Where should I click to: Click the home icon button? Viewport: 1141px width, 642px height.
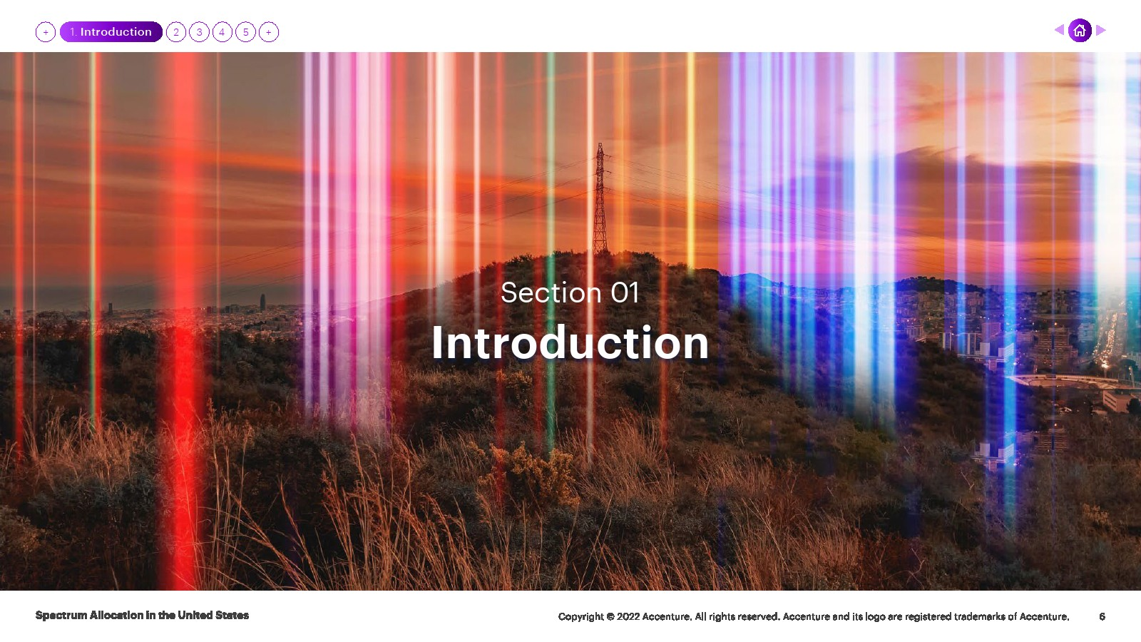tap(1080, 31)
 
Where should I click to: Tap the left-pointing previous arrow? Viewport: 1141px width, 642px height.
tap(1059, 30)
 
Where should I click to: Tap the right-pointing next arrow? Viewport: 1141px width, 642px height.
tap(1101, 30)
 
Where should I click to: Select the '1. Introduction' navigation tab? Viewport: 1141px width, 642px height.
tap(111, 31)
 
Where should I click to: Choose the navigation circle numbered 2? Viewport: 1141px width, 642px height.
tap(176, 32)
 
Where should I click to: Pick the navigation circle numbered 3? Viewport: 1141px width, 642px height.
tap(199, 32)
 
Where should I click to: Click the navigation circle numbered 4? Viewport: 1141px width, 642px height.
tap(222, 32)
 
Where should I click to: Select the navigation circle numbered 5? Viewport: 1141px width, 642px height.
tap(245, 32)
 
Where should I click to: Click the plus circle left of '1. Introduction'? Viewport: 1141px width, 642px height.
tap(46, 32)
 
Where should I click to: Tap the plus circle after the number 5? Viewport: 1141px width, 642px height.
tap(268, 32)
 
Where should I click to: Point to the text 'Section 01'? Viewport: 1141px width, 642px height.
tap(570, 292)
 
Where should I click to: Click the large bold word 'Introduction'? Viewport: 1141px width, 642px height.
tap(570, 342)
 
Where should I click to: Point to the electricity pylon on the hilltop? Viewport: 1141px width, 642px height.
tap(600, 199)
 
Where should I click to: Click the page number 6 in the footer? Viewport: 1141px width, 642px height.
tap(1102, 616)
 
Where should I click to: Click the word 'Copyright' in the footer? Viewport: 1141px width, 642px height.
tap(580, 616)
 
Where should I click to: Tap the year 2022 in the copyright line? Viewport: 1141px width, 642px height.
tap(628, 616)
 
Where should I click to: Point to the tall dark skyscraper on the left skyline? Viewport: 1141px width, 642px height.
tap(263, 302)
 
